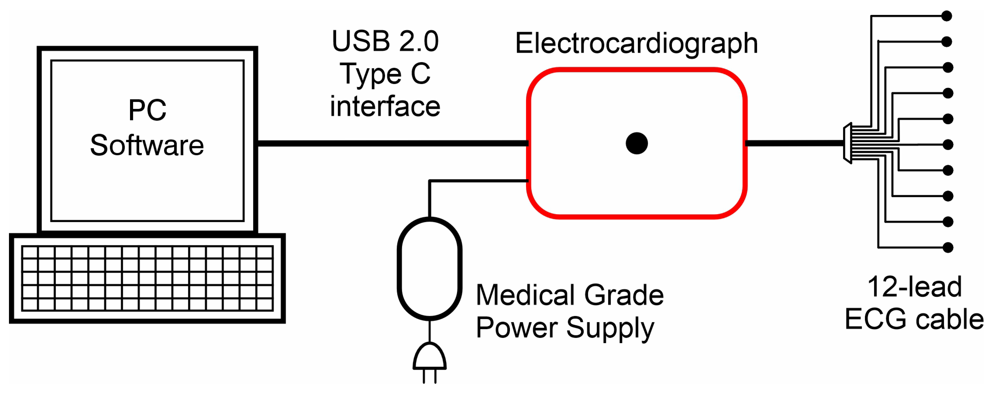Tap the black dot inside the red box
[x=637, y=143]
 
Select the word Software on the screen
[x=147, y=145]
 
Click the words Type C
[x=385, y=74]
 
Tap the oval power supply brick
[x=430, y=269]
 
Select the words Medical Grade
[x=570, y=295]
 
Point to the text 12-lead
[x=914, y=287]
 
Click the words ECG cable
[x=914, y=319]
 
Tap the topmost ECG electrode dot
[x=946, y=16]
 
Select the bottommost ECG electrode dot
[x=948, y=247]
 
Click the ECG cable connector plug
[x=848, y=143]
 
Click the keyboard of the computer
[x=147, y=278]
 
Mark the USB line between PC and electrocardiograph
[x=392, y=143]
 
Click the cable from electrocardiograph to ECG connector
[x=794, y=143]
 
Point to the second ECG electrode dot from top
[x=946, y=41]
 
